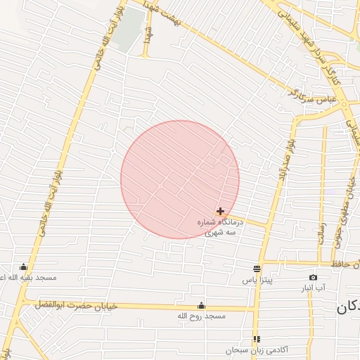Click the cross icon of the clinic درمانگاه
click(x=221, y=211)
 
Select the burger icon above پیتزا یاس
click(x=257, y=269)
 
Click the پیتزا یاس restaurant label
click(x=257, y=280)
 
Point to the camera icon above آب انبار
click(x=313, y=277)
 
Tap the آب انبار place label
click(x=314, y=288)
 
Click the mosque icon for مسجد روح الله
click(x=202, y=306)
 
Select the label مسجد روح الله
click(x=202, y=317)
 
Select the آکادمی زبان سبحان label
click(x=257, y=350)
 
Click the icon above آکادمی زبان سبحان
click(x=257, y=339)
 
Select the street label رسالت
click(x=322, y=233)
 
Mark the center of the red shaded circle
click(x=180, y=179)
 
